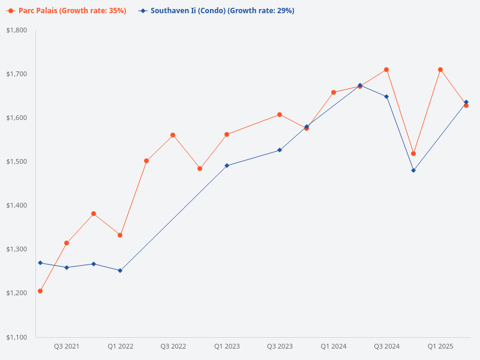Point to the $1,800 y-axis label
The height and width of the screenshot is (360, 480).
[17, 30]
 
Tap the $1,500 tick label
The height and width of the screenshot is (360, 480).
[17, 161]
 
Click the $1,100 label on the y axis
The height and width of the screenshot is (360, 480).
[17, 337]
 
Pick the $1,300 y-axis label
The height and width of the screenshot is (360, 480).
[17, 249]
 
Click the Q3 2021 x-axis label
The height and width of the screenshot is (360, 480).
[67, 346]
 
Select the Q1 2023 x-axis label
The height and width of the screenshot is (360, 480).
[227, 346]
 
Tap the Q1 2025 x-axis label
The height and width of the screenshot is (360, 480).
[440, 346]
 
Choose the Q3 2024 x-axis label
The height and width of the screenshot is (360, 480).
[387, 346]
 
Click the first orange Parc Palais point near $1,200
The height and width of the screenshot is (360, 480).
[40, 291]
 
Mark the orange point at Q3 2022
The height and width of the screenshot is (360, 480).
[173, 135]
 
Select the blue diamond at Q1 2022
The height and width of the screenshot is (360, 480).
[120, 271]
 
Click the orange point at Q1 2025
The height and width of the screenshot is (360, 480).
[440, 70]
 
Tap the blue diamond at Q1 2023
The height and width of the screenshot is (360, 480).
[227, 166]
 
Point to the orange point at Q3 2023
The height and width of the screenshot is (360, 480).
[280, 115]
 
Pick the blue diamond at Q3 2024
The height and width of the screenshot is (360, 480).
[386, 97]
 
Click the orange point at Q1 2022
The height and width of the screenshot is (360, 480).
[120, 235]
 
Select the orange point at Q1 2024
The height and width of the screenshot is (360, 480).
[334, 92]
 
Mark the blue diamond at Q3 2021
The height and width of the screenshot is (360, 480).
[67, 268]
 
